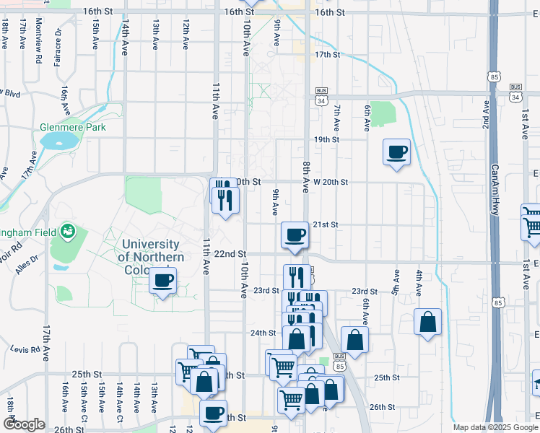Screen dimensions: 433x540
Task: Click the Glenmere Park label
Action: coord(72,128)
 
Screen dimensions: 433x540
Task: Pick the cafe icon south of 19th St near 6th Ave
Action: coord(396,152)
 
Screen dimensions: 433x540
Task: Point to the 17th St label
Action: coord(327,55)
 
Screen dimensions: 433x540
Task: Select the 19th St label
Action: coord(327,139)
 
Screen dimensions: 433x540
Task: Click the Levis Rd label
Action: coord(25,349)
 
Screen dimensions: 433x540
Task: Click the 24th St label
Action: coord(263,333)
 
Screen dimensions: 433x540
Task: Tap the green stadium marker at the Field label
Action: coord(69,232)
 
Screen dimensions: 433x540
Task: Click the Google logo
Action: coord(24,424)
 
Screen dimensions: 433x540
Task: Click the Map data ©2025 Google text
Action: coord(495,427)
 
